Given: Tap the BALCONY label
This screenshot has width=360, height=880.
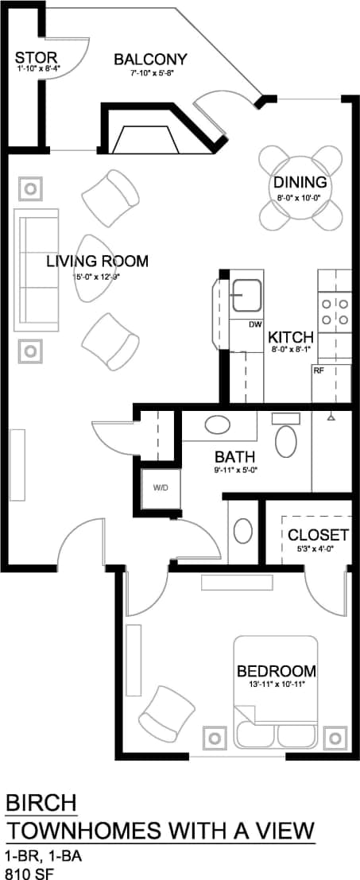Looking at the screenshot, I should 150,60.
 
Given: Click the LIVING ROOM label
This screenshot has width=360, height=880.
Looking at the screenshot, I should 96,262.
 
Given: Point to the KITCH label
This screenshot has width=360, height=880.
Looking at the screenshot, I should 290,336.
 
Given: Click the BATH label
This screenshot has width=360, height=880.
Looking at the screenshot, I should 235,457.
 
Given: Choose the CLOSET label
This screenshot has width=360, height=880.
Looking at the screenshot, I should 318,534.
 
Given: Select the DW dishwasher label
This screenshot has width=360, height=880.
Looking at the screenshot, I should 255,324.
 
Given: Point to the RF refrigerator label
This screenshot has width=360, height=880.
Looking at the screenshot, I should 318,370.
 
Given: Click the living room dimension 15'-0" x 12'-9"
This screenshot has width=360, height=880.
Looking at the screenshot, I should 96,277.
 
